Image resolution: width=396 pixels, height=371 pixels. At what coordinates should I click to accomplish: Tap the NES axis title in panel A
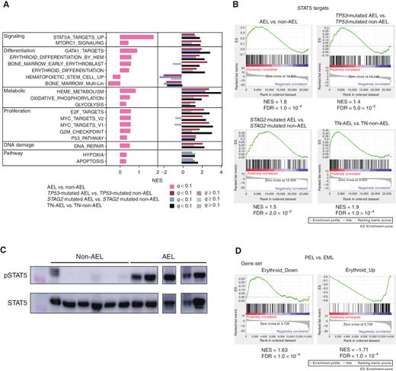point(158,182)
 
